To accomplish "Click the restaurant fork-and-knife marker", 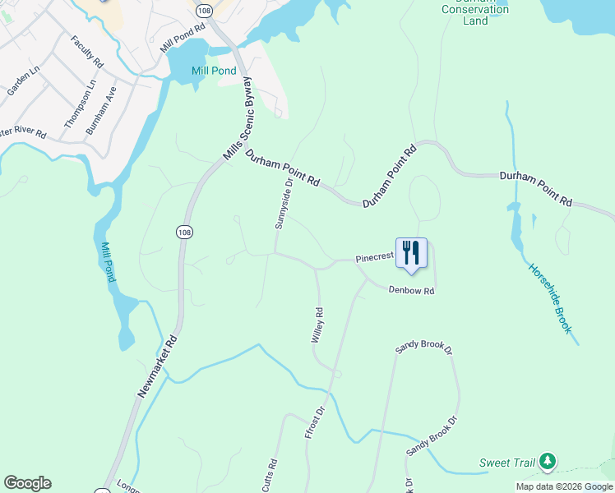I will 412,253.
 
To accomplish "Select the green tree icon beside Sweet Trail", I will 547,463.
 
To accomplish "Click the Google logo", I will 27,483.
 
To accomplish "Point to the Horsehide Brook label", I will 549,297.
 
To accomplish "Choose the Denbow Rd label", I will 411,291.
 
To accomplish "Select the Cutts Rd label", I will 271,475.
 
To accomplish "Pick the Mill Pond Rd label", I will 183,39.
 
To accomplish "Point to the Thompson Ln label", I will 80,104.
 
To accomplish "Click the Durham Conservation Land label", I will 475,11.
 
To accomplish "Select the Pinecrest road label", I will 375,257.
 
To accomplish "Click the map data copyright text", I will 565,486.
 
